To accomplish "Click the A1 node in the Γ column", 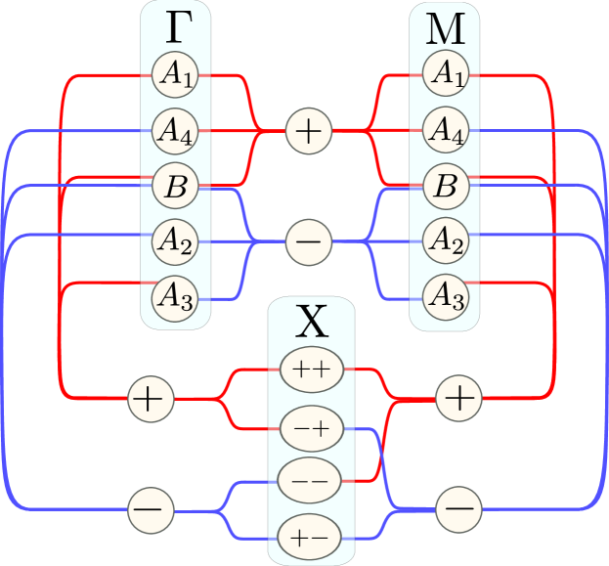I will click(176, 74).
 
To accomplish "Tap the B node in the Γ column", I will click(176, 186).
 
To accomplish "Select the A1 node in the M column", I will click(446, 74).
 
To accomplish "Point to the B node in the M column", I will click(446, 186).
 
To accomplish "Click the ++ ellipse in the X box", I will click(312, 370).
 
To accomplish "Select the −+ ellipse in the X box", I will click(312, 426).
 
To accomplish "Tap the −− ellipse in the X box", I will click(311, 481).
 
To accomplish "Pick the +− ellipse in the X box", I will click(312, 537).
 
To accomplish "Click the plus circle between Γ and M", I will click(309, 130).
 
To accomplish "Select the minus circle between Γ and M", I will click(309, 240).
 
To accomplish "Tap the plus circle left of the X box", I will click(152, 398).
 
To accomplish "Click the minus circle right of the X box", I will click(458, 508).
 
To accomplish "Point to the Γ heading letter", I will click(176, 28).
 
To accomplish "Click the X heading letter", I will click(312, 323).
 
